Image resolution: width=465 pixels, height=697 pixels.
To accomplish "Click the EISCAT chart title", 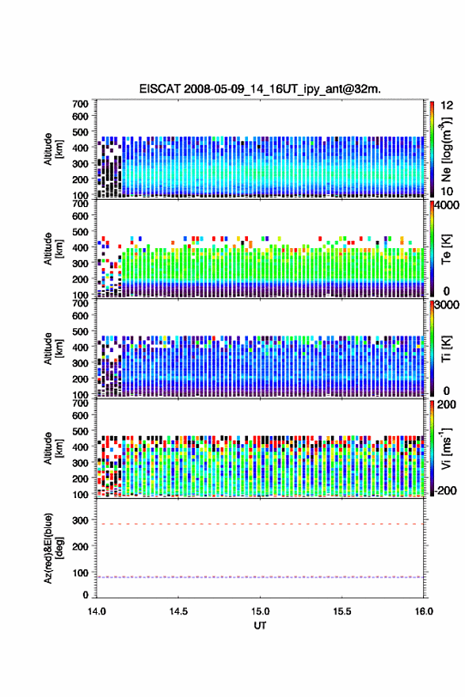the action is [x=260, y=89].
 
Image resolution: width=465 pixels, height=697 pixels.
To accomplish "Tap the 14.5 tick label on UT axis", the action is [x=178, y=611].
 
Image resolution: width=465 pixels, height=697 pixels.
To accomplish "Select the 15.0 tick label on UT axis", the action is [x=260, y=611].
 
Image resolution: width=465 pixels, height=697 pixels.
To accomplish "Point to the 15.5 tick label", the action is [x=341, y=611].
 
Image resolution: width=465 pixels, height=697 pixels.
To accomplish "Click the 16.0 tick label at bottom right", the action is [x=424, y=611].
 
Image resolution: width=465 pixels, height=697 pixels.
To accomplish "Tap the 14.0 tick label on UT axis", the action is [x=97, y=611].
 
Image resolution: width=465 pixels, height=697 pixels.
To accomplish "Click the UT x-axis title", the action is [x=260, y=626].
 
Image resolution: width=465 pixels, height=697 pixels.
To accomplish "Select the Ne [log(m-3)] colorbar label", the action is [x=446, y=149].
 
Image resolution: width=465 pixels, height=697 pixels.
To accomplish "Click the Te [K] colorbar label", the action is [x=446, y=249].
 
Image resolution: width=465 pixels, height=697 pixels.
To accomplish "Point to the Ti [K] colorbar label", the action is [x=446, y=349].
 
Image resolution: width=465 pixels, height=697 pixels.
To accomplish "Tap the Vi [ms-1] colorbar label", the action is [x=446, y=448].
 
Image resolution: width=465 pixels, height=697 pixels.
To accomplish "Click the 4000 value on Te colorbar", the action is [x=448, y=205].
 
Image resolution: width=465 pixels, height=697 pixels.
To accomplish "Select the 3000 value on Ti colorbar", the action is [x=448, y=305].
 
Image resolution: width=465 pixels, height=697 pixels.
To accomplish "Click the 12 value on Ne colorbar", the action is [x=448, y=105].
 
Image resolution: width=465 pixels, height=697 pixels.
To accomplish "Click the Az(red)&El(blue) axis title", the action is [x=53, y=548].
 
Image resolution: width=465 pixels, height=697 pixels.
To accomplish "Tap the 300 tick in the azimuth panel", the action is [x=80, y=519].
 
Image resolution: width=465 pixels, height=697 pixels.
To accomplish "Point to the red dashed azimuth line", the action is [x=260, y=524].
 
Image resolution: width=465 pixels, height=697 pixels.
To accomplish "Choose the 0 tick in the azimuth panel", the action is [x=86, y=595].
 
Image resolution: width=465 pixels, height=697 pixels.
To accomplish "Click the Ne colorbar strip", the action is [x=433, y=149].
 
